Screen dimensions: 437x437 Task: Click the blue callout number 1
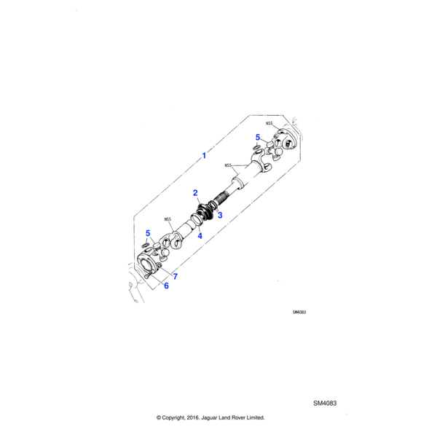[x=204, y=156]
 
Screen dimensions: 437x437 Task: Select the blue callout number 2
[x=195, y=193]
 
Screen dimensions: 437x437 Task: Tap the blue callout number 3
[x=220, y=215]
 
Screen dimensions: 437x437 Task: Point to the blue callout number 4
[x=200, y=236]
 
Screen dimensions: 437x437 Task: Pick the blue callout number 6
[x=166, y=286]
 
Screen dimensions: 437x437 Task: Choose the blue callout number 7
[x=175, y=277]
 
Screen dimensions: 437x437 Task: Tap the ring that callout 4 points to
[x=197, y=219]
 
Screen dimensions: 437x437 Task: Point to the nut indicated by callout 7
[x=159, y=266]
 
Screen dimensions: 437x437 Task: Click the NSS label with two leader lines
[x=228, y=165]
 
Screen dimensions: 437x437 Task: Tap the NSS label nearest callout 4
[x=168, y=219]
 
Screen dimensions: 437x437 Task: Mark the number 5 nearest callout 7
[x=148, y=233]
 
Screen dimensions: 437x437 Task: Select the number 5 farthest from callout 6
[x=258, y=137]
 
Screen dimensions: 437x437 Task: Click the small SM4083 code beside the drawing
[x=299, y=312]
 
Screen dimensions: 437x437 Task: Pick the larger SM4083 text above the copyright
[x=325, y=403]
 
